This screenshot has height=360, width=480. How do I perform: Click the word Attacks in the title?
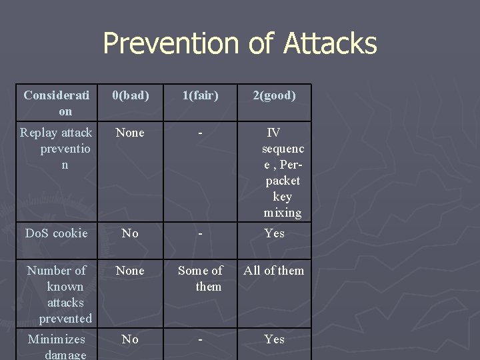[330, 44]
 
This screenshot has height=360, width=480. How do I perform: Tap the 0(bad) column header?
[130, 95]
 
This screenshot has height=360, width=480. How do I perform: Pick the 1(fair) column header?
[200, 95]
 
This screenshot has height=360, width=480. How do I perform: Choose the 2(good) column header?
[274, 95]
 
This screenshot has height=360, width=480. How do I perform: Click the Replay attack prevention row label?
[56, 148]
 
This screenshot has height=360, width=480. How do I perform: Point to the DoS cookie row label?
[56, 233]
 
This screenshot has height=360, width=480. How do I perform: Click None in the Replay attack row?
[130, 133]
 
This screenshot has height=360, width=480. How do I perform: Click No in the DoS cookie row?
[130, 233]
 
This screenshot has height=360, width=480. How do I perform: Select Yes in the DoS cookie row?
[274, 233]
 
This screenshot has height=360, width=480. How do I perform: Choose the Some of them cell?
[200, 278]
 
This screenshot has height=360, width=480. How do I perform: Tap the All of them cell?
[274, 271]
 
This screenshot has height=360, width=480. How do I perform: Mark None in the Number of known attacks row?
[130, 271]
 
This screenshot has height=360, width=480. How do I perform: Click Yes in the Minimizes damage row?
[274, 339]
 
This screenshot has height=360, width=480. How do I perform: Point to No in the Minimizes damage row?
[130, 339]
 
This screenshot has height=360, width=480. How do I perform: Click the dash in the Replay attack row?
[200, 133]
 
